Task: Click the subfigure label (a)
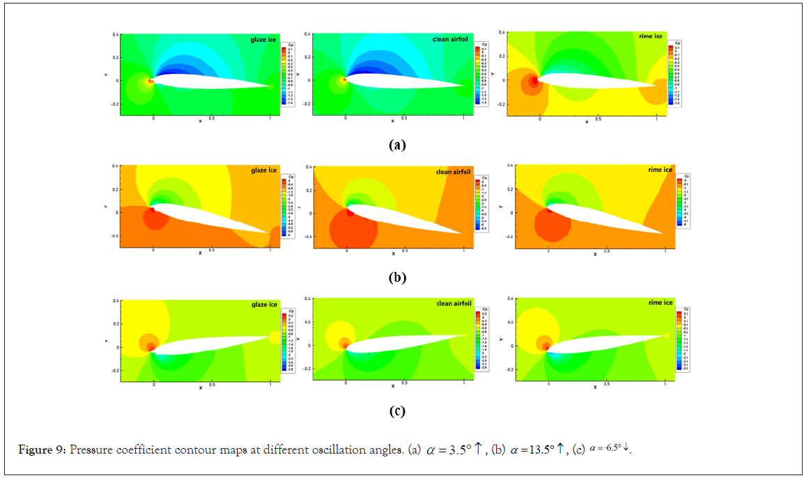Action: point(396,145)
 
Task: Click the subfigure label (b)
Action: point(396,278)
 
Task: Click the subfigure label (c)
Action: point(396,411)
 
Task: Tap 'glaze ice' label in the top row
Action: point(264,40)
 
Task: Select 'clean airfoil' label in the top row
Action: point(451,40)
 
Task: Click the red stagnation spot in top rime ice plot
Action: point(534,81)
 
